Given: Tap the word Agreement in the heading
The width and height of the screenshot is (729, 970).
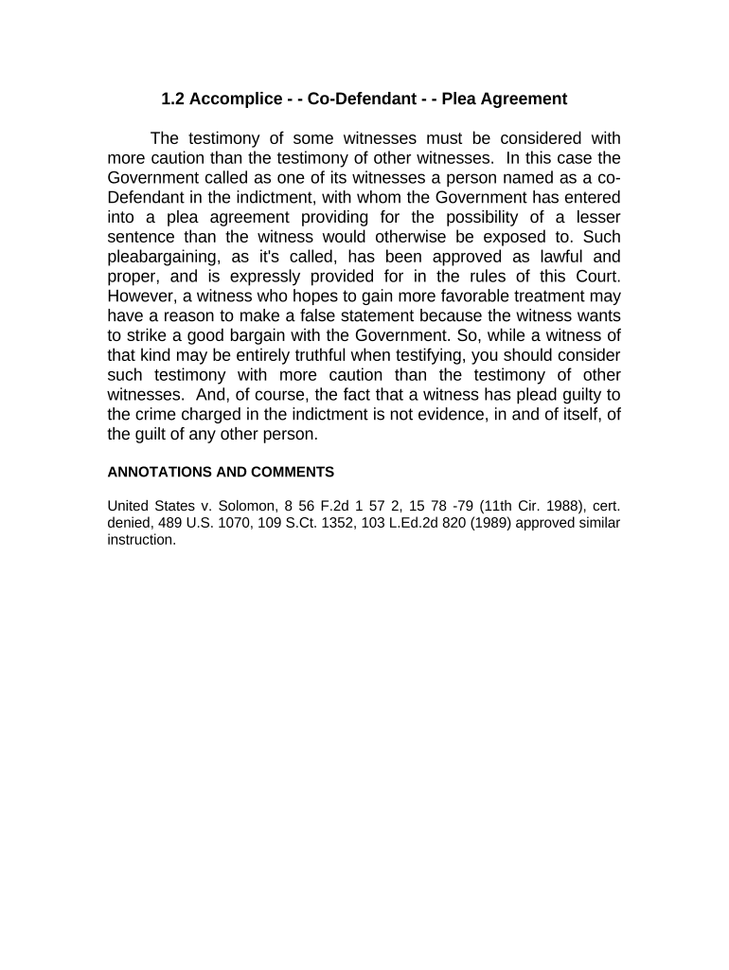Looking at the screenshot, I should [523, 99].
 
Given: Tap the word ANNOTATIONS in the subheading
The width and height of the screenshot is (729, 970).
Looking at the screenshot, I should [158, 472].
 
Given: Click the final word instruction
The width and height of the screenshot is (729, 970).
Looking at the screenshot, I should [141, 541].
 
